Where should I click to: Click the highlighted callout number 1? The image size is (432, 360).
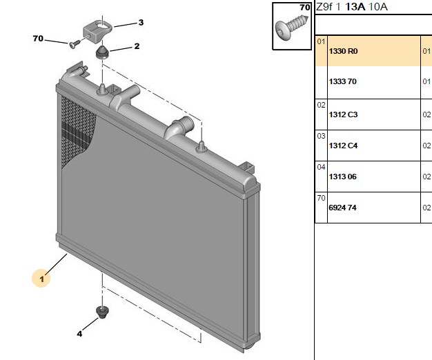pos(41,279)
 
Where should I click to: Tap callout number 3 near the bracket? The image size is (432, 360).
pos(141,22)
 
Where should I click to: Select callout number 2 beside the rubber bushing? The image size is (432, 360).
pos(137,46)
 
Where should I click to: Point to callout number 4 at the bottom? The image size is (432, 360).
pos(79,334)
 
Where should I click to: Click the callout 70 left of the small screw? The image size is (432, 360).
pos(38,39)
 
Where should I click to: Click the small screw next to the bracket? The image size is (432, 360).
pos(75,44)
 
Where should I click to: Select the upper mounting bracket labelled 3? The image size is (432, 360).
pos(98,32)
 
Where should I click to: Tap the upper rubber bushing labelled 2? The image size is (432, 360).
pos(102,52)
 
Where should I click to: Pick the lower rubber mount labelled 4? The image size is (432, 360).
pos(102,312)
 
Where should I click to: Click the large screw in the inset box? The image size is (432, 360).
pos(292,28)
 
